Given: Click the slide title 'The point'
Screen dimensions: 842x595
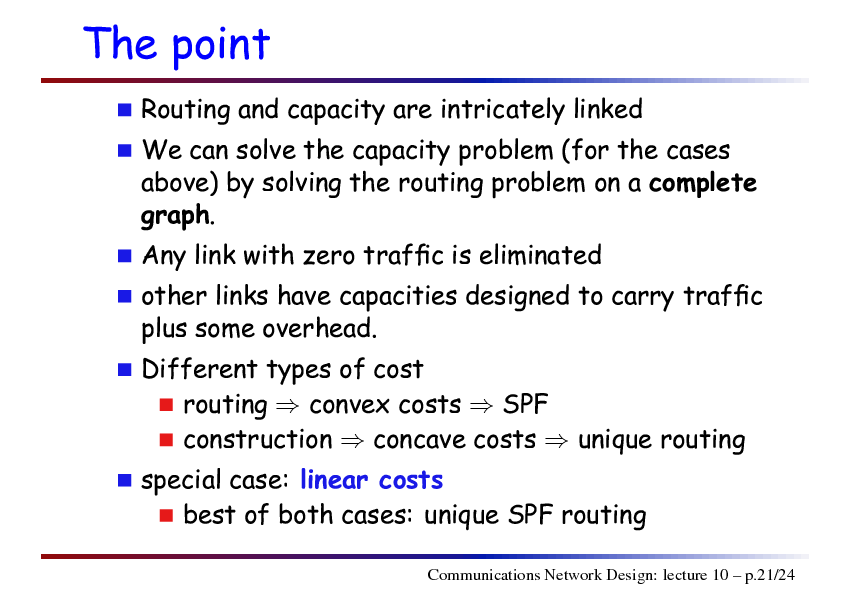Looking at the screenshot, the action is tap(176, 45).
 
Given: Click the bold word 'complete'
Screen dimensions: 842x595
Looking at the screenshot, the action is tap(702, 183).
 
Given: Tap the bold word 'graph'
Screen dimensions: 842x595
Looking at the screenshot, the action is tap(175, 216).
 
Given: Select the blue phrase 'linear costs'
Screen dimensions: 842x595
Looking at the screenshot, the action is tap(372, 480).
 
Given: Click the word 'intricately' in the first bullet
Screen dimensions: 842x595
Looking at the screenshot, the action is tap(503, 110).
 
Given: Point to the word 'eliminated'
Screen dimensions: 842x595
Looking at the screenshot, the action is tap(540, 255).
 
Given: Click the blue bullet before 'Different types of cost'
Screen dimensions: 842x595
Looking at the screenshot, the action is tap(125, 369).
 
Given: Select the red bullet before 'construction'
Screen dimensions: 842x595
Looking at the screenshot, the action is tap(166, 440).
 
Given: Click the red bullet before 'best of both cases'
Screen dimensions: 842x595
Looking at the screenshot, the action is tap(166, 516).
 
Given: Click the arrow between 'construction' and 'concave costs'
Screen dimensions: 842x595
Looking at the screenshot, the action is tap(352, 441).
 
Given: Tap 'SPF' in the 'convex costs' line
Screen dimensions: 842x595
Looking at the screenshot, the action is tap(525, 404).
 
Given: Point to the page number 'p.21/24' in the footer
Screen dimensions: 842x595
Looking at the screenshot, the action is tap(770, 576).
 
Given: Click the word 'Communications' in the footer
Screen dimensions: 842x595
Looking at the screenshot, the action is tap(484, 575).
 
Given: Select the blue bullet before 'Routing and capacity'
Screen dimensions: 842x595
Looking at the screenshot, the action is tap(125, 110).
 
